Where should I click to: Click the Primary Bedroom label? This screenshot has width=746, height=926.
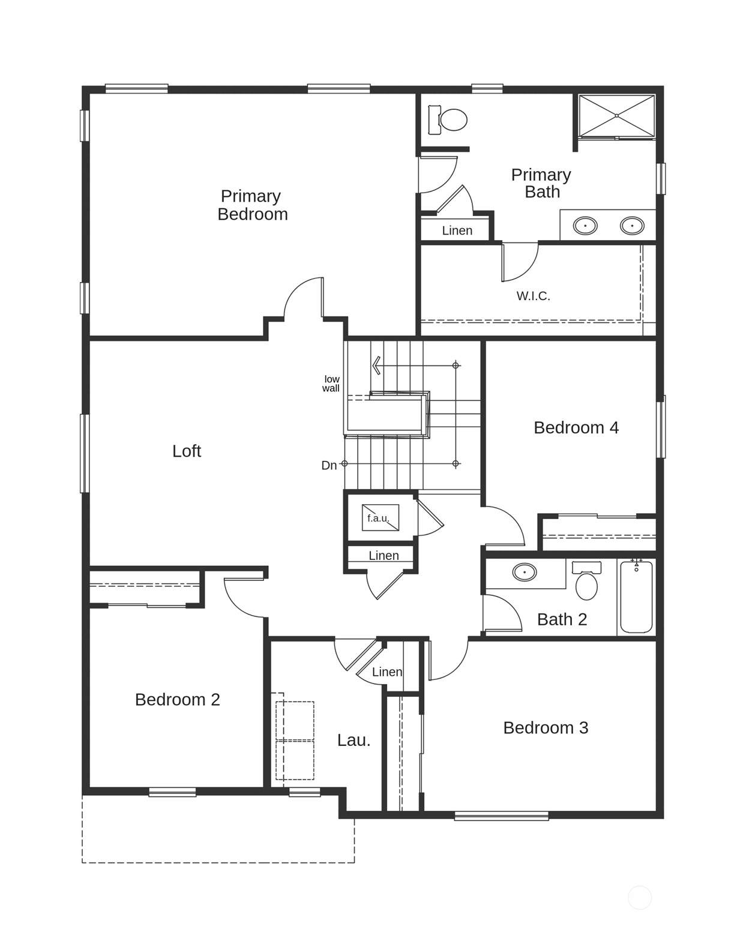(252, 205)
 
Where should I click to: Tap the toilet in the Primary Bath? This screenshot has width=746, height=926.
(448, 119)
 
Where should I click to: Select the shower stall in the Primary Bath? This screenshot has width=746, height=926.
(616, 116)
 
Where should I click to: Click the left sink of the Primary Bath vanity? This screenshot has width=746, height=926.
(585, 225)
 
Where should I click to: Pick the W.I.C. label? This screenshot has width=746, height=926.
(533, 296)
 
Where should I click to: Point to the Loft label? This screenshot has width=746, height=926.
(187, 451)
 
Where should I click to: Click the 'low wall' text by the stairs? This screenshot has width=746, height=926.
(331, 383)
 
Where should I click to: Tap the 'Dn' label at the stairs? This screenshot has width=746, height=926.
(329, 465)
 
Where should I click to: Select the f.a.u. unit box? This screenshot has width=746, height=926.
(380, 517)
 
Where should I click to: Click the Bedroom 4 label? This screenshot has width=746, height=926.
(576, 428)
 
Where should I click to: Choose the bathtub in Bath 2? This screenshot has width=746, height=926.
(636, 597)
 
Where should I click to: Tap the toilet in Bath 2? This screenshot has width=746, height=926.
(586, 580)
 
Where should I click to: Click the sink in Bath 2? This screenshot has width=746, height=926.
(525, 573)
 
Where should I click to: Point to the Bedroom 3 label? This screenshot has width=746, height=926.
(546, 727)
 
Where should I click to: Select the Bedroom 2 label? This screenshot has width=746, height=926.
(178, 700)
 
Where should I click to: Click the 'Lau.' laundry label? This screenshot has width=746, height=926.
(353, 740)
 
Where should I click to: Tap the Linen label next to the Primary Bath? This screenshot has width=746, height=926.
(457, 230)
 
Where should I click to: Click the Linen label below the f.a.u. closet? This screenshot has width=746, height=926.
(384, 556)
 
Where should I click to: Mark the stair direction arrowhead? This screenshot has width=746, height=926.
(376, 365)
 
